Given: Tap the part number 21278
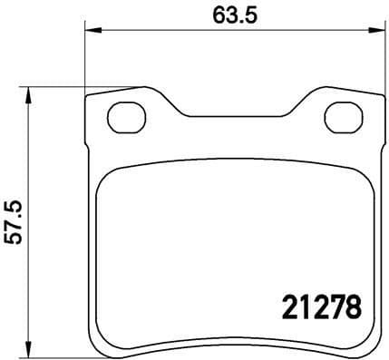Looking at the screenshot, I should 317,307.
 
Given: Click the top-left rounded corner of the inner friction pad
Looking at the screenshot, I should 104,178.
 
